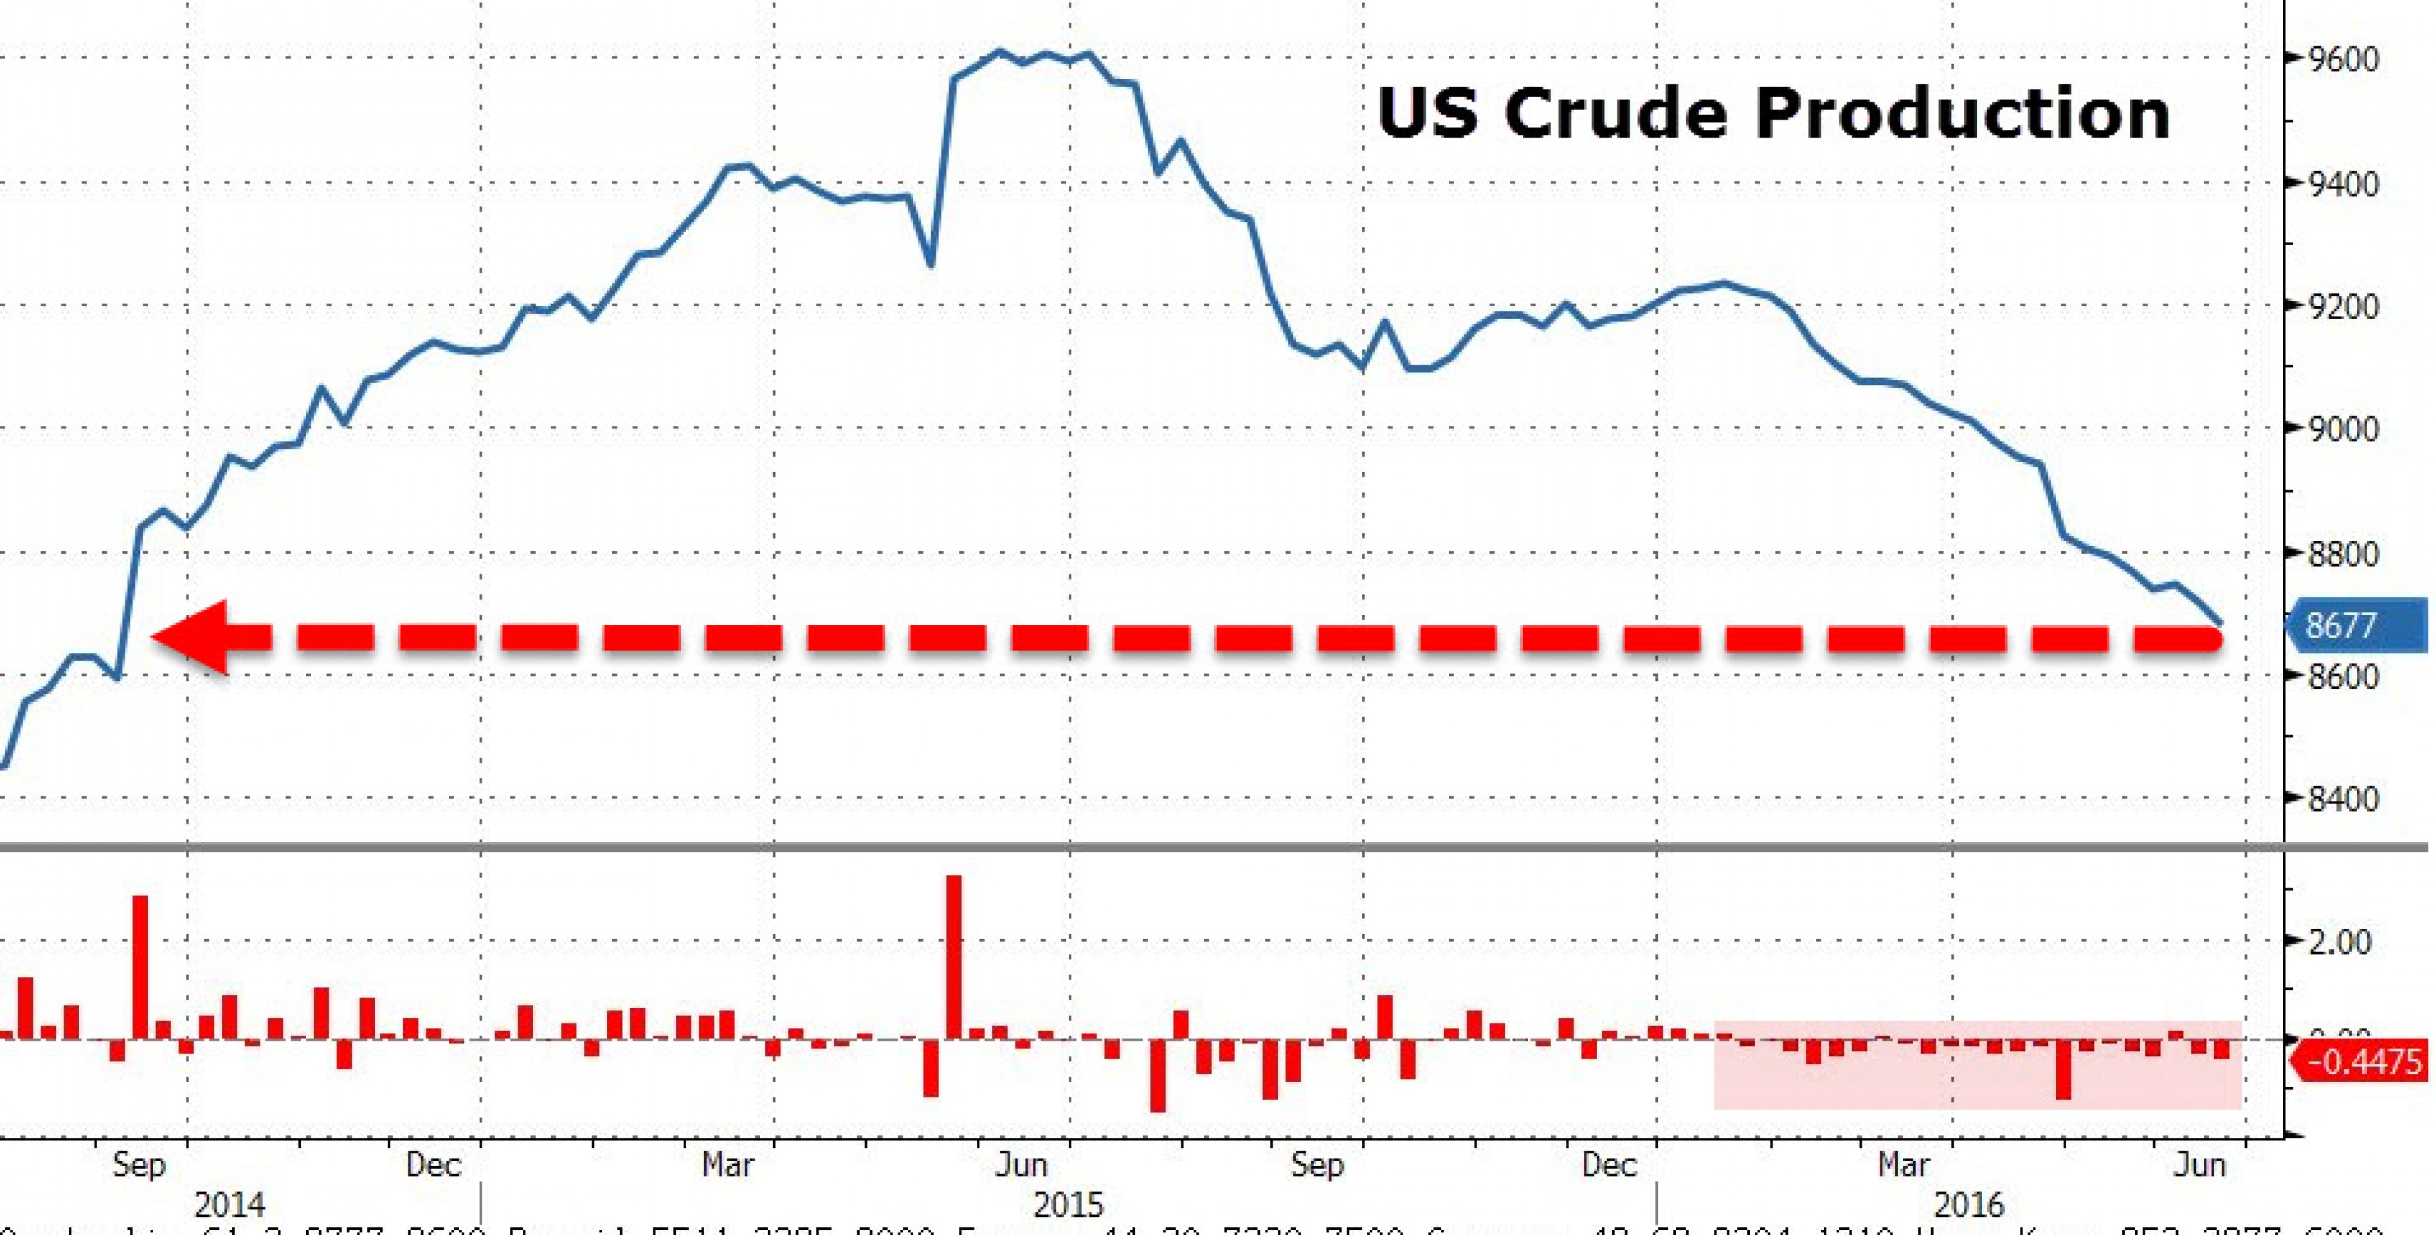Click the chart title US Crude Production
1773,113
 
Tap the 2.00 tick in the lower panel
2340,942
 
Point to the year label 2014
230,1205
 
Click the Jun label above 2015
1021,1164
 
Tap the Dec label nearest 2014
433,1164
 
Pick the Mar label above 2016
1903,1164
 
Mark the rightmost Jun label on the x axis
2199,1164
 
